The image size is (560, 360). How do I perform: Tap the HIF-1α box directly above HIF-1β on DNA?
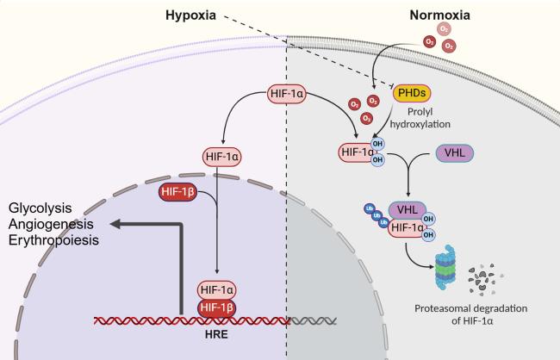220,289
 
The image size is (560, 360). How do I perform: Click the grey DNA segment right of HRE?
310,320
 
